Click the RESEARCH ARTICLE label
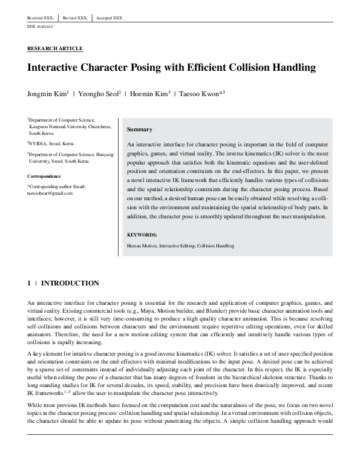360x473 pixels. coord(55,48)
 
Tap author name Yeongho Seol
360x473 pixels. coord(99,95)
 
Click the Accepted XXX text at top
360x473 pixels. coord(109,18)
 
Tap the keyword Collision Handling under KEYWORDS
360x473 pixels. coord(215,246)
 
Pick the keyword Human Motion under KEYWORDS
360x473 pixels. coord(141,246)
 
